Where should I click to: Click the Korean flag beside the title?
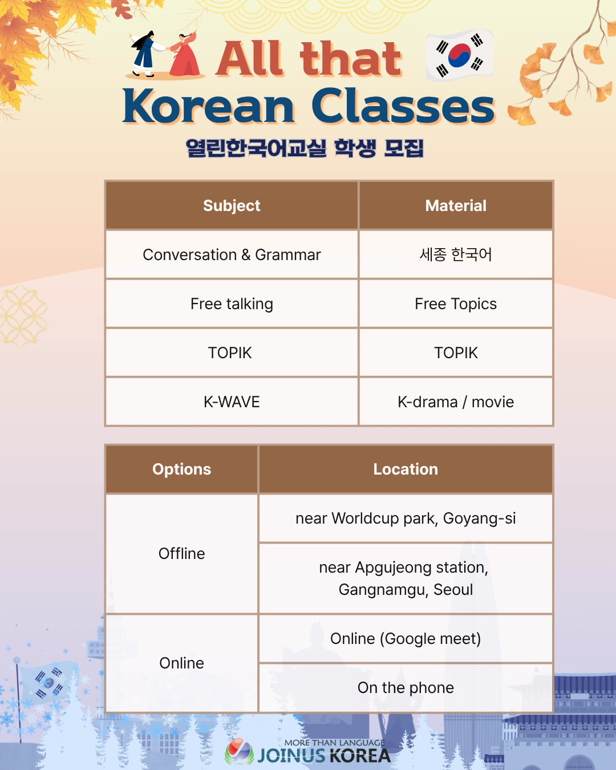click(460, 55)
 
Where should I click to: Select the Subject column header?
click(232, 205)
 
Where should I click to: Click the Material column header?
click(456, 205)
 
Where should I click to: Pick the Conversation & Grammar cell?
click(232, 255)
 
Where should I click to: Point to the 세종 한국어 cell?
click(456, 255)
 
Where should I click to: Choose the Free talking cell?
click(232, 304)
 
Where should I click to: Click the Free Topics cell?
click(456, 304)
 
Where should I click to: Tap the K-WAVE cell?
click(232, 402)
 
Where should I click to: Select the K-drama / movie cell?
click(456, 402)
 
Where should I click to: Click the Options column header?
click(181, 469)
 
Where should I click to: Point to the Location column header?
click(406, 469)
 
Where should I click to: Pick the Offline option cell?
click(181, 553)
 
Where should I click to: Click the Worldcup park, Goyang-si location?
click(406, 518)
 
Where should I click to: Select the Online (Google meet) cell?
click(406, 639)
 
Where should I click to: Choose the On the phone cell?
click(406, 688)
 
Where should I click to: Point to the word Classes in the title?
click(403, 107)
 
